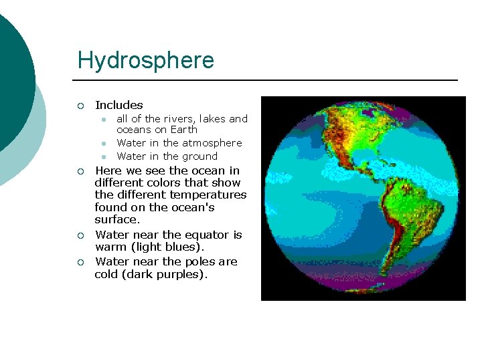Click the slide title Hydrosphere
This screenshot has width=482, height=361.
pos(145,60)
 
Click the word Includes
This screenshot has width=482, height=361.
pos(119,105)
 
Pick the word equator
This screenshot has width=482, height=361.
pos(209,235)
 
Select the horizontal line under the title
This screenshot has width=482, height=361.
pos(268,80)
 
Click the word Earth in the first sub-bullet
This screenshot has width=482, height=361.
pos(183,130)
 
